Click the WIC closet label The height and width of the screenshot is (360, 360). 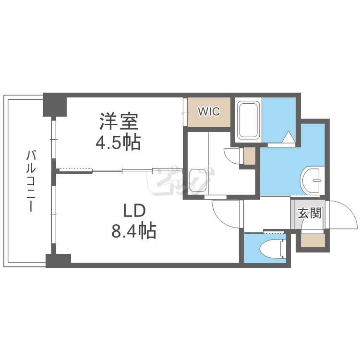(209, 112)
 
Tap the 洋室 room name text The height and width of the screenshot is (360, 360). (120, 121)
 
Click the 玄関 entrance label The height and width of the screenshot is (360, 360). (310, 213)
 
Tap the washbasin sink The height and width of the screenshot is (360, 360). (313, 180)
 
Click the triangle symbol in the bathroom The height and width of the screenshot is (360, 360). (288, 138)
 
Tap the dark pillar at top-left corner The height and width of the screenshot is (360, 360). (54, 104)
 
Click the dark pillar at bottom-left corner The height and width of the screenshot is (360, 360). (58, 260)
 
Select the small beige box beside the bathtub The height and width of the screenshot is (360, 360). (250, 156)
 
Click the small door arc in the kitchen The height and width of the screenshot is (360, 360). (232, 156)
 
